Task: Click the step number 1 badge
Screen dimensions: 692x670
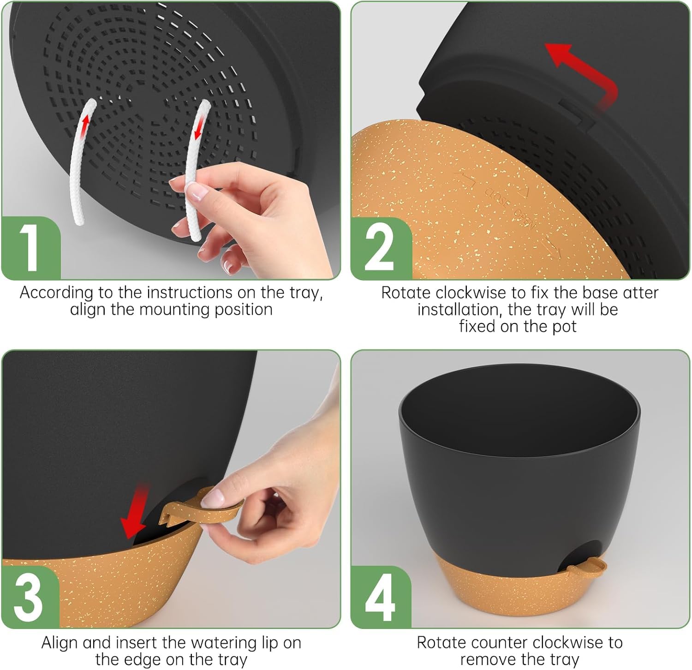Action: (31, 248)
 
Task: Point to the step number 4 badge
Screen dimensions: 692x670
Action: (380, 597)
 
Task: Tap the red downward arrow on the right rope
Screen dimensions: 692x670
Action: (199, 127)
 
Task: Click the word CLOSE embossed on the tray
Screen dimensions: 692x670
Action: (497, 197)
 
